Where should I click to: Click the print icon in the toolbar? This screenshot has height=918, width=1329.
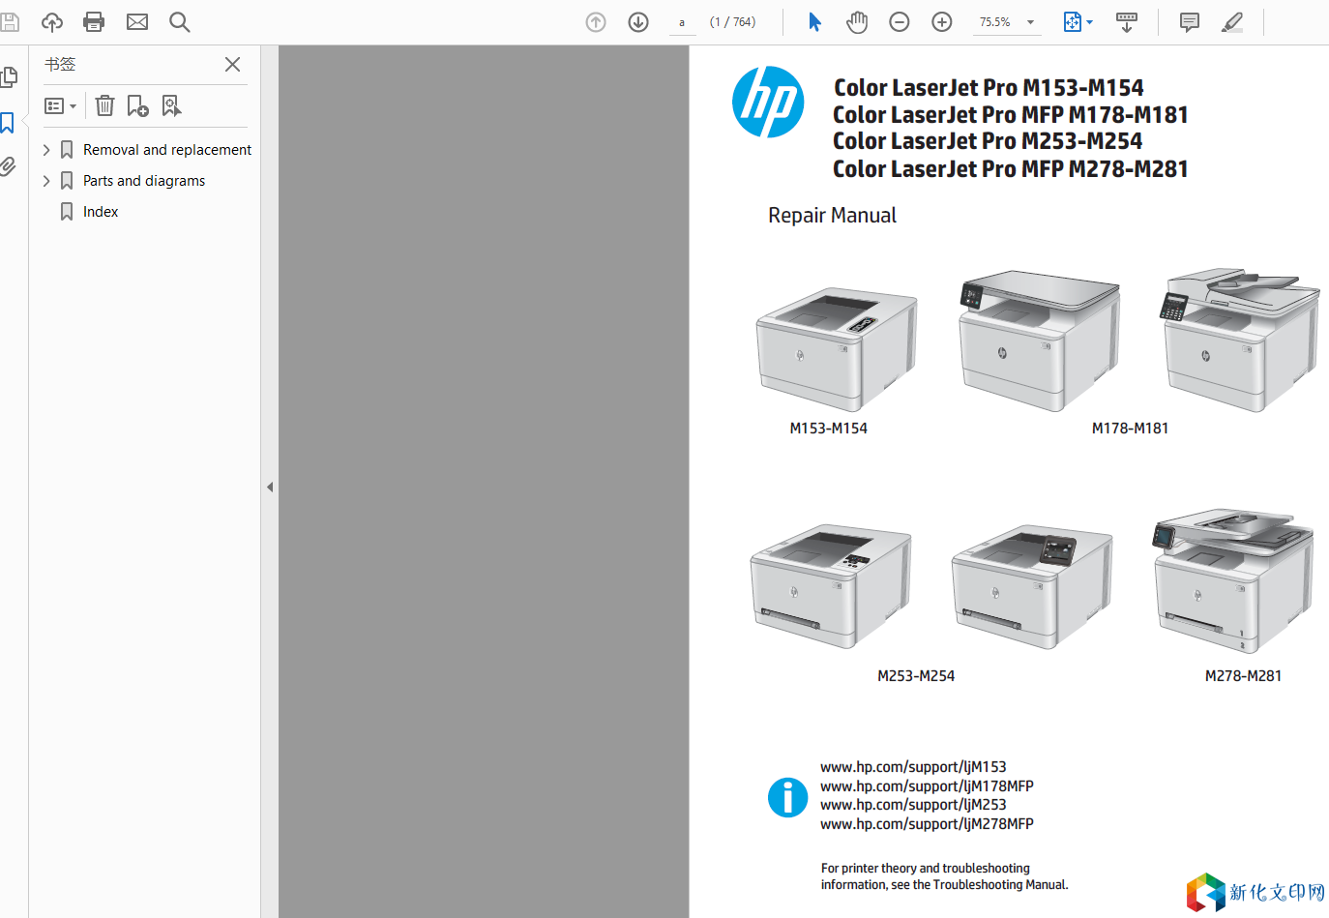tap(94, 22)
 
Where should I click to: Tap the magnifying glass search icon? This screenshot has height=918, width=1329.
tap(179, 22)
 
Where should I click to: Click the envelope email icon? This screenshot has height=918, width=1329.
tap(137, 22)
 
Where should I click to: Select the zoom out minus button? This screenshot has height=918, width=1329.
tap(899, 22)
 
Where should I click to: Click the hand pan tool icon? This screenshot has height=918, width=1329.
tap(856, 22)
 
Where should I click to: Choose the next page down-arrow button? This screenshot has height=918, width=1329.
tap(637, 22)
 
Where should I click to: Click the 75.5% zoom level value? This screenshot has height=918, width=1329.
tap(994, 22)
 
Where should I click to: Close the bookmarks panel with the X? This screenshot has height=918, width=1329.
tap(232, 64)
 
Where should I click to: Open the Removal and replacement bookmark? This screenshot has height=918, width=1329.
tap(166, 150)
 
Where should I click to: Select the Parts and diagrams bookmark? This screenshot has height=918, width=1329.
tap(144, 180)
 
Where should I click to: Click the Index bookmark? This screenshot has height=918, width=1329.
tap(101, 211)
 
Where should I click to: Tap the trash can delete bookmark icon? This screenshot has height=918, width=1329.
tap(104, 105)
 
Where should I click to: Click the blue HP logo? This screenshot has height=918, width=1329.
tap(768, 102)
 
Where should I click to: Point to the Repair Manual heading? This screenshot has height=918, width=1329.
tap(832, 215)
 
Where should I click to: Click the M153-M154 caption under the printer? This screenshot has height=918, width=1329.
tap(828, 428)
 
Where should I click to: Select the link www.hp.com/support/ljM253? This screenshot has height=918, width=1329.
tap(913, 804)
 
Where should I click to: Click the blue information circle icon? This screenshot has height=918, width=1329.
tap(787, 797)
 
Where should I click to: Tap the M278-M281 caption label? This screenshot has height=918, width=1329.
tap(1243, 675)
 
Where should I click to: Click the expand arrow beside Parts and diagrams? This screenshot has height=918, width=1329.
tap(46, 180)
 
